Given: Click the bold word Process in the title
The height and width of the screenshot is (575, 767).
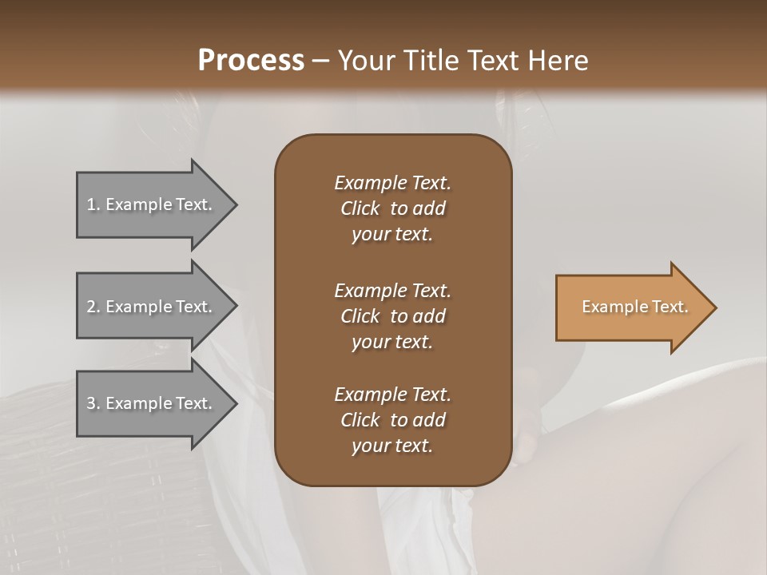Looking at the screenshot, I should tap(251, 61).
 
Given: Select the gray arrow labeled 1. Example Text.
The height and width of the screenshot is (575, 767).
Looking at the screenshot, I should tap(152, 204).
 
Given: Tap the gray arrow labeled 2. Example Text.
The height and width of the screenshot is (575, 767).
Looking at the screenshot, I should tap(152, 307).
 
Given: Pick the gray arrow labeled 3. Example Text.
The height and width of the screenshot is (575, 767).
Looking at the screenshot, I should tap(152, 403).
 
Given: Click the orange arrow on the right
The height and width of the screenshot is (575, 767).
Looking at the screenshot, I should tap(631, 307).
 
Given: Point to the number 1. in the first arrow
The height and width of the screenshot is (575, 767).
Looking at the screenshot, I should tap(93, 204).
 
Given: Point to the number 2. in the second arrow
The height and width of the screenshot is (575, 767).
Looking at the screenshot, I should tap(93, 307).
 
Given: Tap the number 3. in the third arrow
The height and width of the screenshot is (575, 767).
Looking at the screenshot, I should tap(93, 403).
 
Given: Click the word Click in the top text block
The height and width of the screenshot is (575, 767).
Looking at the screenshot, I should tap(360, 208).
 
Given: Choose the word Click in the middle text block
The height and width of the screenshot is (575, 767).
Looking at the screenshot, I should tap(360, 316).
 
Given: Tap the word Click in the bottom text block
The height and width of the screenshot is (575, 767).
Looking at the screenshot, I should tap(360, 420).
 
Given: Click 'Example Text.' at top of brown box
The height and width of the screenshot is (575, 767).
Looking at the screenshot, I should tap(392, 183).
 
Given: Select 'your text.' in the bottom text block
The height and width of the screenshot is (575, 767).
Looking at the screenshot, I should tap(392, 446).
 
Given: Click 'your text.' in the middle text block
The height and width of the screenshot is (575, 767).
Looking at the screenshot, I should tap(392, 342).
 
